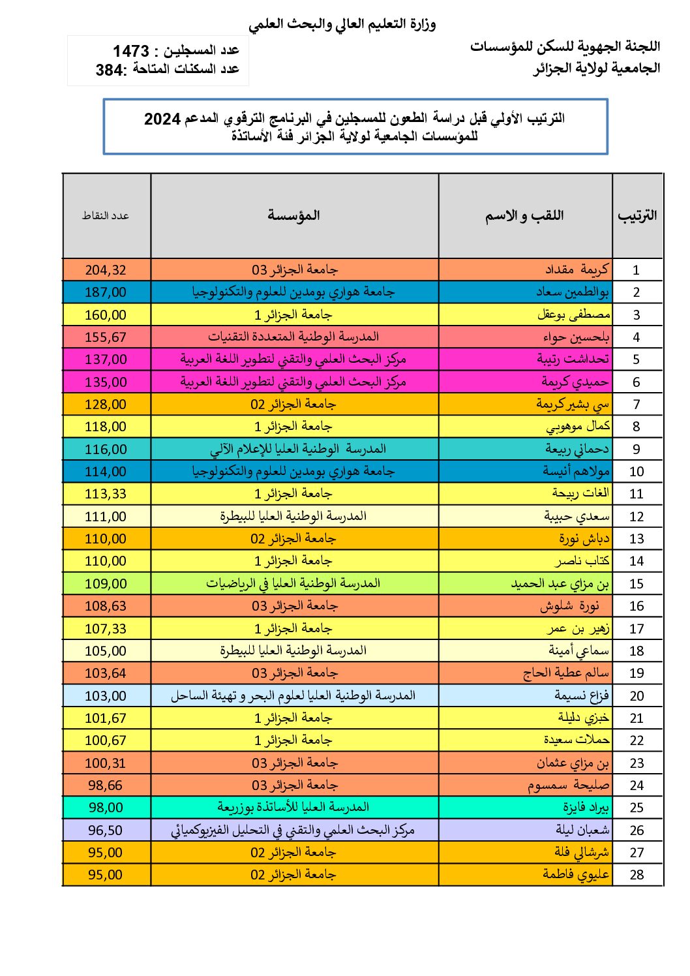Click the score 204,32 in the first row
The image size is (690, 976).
[106, 270]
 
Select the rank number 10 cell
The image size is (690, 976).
[637, 472]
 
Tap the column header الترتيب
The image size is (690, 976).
[637, 216]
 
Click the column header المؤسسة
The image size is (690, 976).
[294, 216]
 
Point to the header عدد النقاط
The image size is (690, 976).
[106, 216]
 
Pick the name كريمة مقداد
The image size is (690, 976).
[577, 269]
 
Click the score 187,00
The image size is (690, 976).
[106, 292]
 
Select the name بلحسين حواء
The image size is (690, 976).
[576, 337]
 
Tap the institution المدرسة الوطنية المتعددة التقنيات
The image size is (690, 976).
[293, 337]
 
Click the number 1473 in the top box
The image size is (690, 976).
[131, 51]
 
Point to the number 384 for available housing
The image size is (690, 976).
[110, 70]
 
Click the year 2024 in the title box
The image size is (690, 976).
[162, 119]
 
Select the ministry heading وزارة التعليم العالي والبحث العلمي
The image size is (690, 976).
[342, 25]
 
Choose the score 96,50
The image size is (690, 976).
[106, 831]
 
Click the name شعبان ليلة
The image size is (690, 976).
[583, 830]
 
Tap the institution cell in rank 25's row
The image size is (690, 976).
[293, 808]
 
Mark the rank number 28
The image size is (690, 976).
[637, 875]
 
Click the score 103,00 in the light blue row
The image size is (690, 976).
[106, 696]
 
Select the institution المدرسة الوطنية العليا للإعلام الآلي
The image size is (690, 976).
[298, 449]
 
